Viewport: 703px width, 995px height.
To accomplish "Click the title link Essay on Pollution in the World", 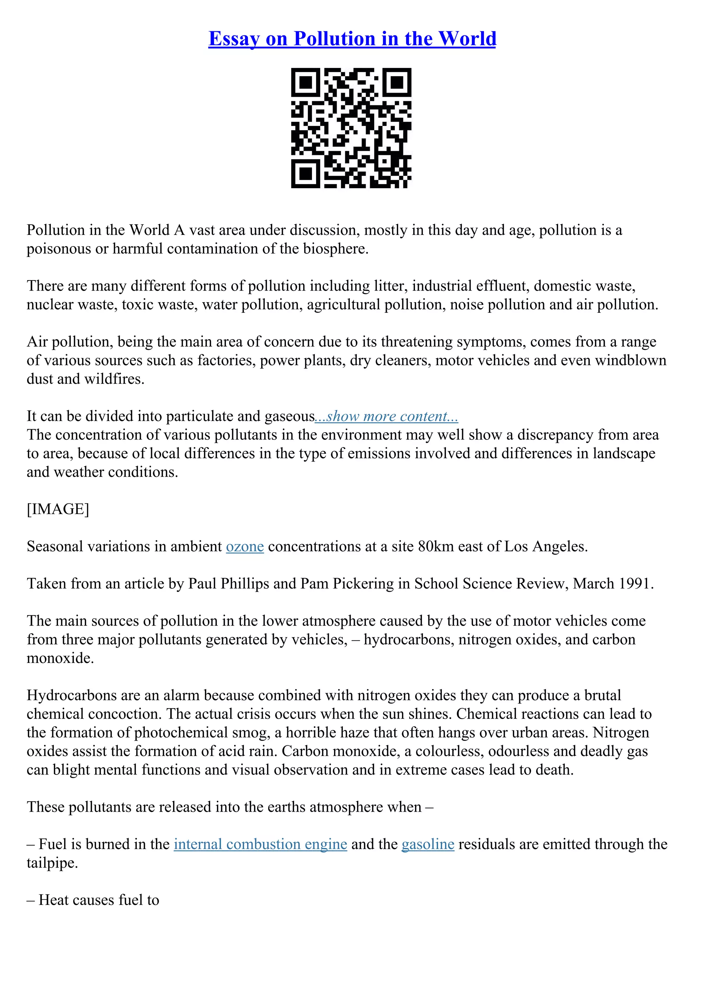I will tap(352, 39).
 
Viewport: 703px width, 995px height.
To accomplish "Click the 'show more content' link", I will tap(387, 416).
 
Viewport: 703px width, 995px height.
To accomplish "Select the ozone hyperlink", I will tap(245, 547).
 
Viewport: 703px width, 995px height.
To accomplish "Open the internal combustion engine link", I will tap(260, 844).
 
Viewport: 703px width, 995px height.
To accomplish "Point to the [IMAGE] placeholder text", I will tap(58, 509).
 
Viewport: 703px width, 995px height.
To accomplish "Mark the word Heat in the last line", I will tap(54, 900).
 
